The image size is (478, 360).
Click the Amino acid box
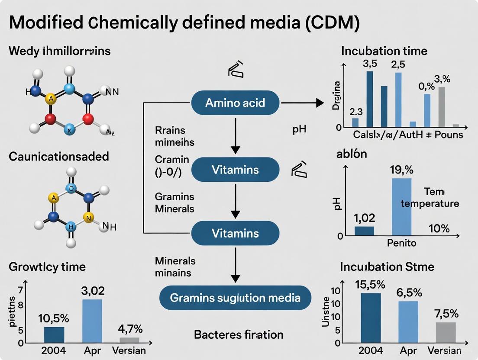point(235,103)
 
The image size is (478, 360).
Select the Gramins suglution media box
point(235,298)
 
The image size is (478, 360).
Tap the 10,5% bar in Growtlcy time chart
point(54,335)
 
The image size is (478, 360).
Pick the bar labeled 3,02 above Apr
point(92,321)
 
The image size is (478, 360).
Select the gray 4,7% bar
point(129,340)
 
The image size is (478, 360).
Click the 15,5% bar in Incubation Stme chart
point(371,318)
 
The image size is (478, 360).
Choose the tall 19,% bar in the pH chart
point(401,207)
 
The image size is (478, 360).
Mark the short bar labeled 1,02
point(364,231)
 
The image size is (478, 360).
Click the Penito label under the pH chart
point(401,243)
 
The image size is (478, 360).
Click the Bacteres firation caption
point(239,334)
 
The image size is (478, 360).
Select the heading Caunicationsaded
point(59,156)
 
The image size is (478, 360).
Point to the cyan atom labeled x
point(69,129)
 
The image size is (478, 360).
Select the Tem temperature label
point(430,197)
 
